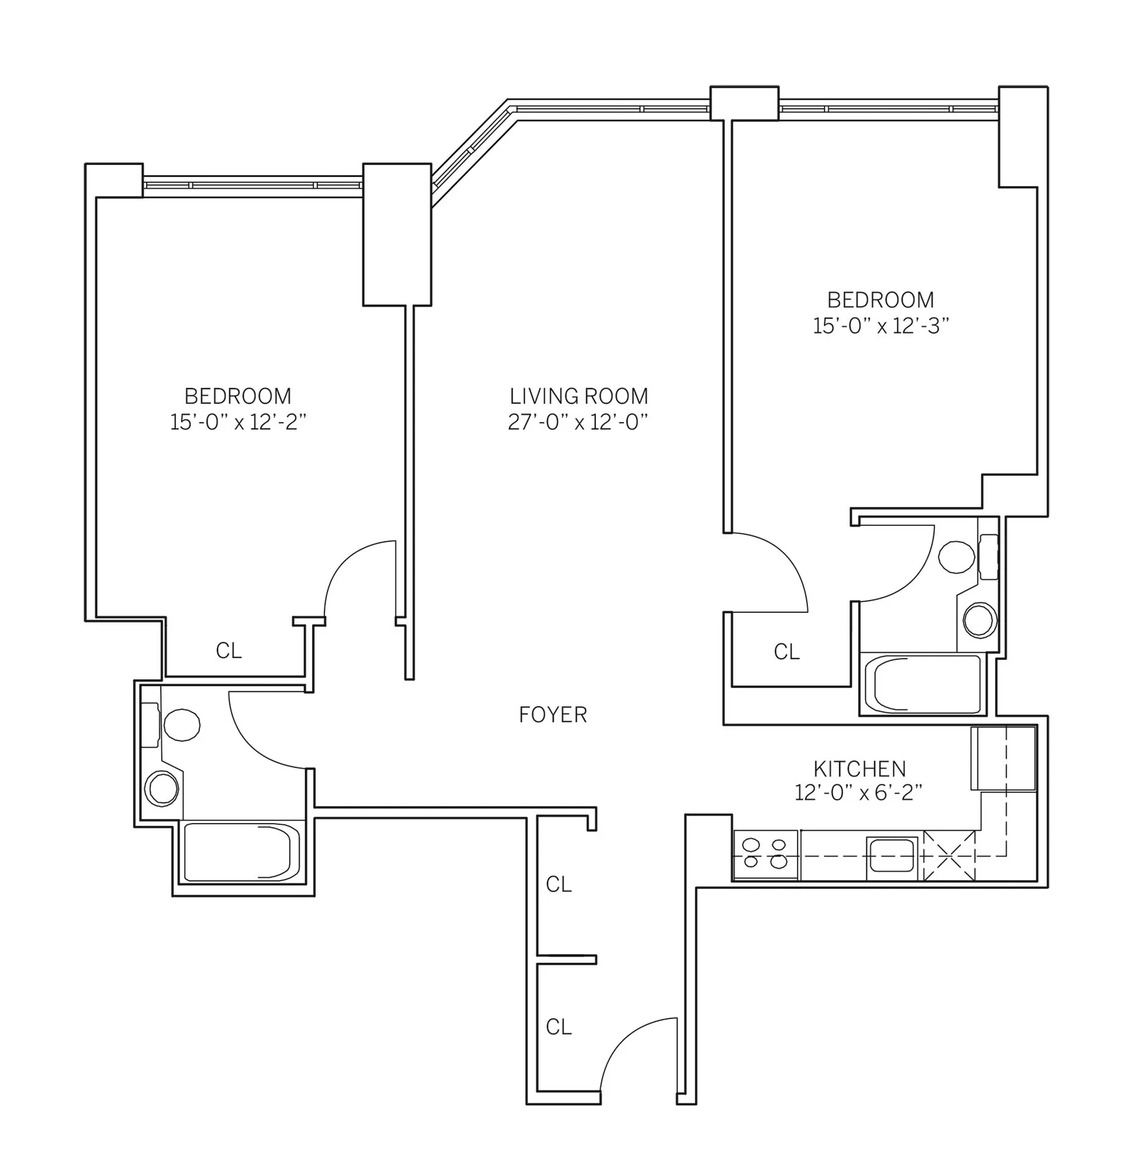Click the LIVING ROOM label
tap(578, 396)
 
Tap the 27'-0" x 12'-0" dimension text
tap(577, 422)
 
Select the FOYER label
tap(552, 714)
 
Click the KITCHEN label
tap(859, 768)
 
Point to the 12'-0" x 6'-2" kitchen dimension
tap(858, 793)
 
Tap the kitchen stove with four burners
tap(765, 854)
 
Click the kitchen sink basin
tap(892, 855)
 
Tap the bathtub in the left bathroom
tap(241, 852)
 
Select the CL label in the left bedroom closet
tap(229, 651)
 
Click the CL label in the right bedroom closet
tap(786, 652)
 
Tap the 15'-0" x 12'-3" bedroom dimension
tap(880, 326)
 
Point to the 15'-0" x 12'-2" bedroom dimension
tap(238, 422)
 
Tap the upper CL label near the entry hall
tap(559, 884)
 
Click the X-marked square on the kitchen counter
tap(949, 855)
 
